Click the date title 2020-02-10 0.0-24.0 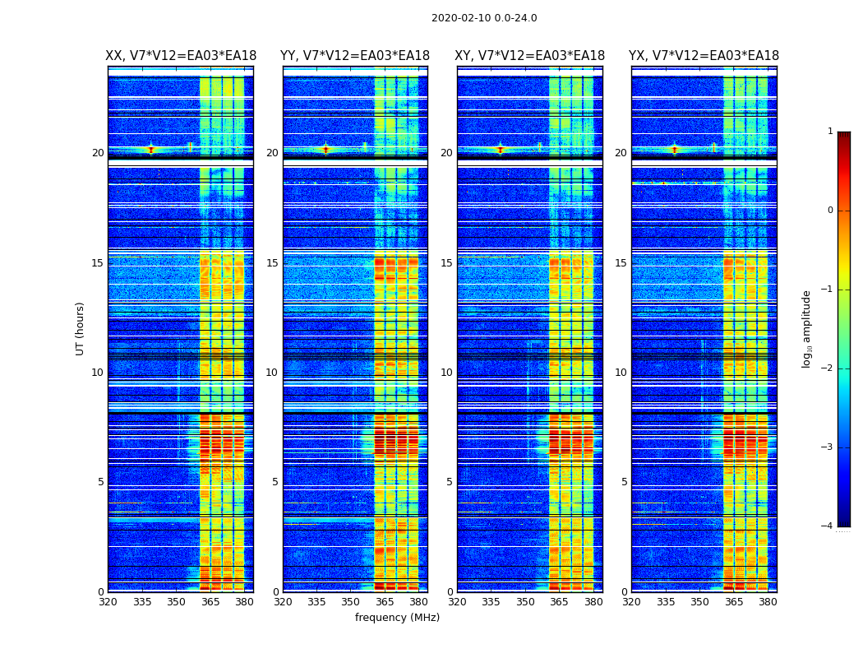click(484, 18)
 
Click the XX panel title click(180, 56)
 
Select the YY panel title click(355, 56)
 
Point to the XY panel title click(529, 56)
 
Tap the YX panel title click(704, 56)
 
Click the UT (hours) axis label click(81, 328)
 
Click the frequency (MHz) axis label click(397, 618)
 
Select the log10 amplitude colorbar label click(807, 328)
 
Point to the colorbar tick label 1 click(830, 132)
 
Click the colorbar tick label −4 click(828, 526)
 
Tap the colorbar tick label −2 click(828, 368)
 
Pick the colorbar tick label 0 click(830, 211)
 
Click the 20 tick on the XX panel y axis click(98, 153)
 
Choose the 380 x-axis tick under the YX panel click(768, 603)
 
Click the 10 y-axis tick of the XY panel click(446, 373)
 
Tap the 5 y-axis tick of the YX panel click(624, 482)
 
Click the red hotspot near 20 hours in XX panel click(150, 150)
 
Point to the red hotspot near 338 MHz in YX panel click(675, 150)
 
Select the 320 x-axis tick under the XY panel click(457, 603)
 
